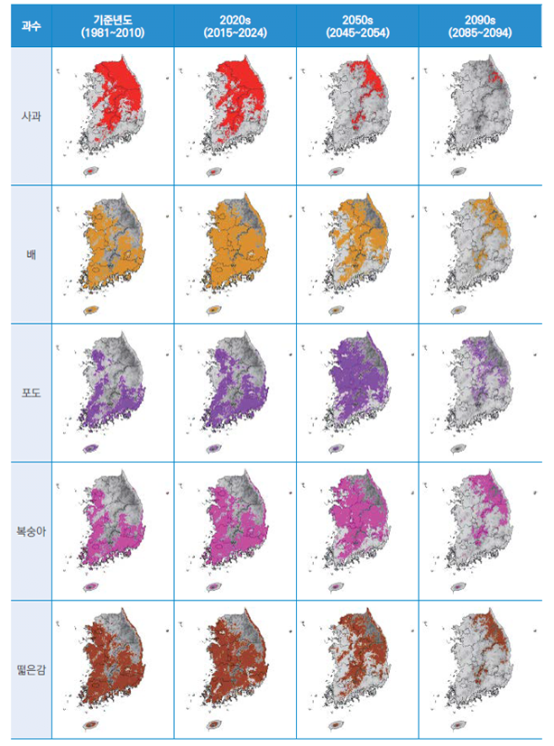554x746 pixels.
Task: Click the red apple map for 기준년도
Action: click(114, 104)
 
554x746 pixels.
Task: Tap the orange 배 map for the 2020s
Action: click(236, 244)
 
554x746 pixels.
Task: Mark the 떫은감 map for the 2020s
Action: click(236, 659)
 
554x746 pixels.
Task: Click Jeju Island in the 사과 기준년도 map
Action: click(91, 170)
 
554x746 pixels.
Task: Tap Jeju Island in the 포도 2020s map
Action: click(214, 448)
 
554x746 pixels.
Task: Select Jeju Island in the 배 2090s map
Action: click(458, 310)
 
